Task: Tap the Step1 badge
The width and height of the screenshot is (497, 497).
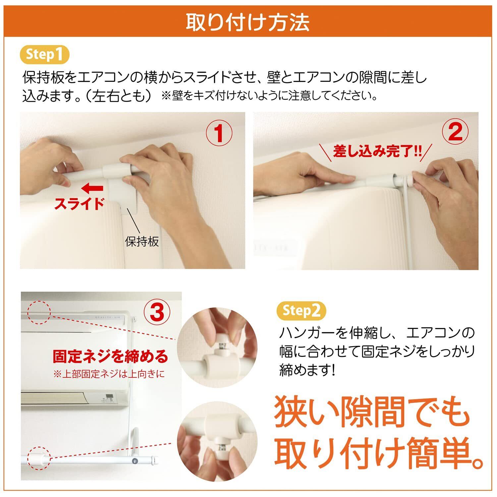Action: click(45, 54)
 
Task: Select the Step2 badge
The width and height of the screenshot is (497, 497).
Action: click(301, 310)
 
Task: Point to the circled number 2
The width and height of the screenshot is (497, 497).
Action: click(456, 132)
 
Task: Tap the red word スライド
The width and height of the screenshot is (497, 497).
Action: click(79, 203)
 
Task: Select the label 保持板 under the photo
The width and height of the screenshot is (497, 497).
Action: click(142, 241)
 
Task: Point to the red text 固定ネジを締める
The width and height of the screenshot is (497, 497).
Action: click(110, 357)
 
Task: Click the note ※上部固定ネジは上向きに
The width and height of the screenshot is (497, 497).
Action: click(109, 374)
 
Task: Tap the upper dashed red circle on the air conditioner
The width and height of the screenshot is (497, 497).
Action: click(39, 312)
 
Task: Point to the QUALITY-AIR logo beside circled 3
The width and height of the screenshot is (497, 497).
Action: click(109, 317)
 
